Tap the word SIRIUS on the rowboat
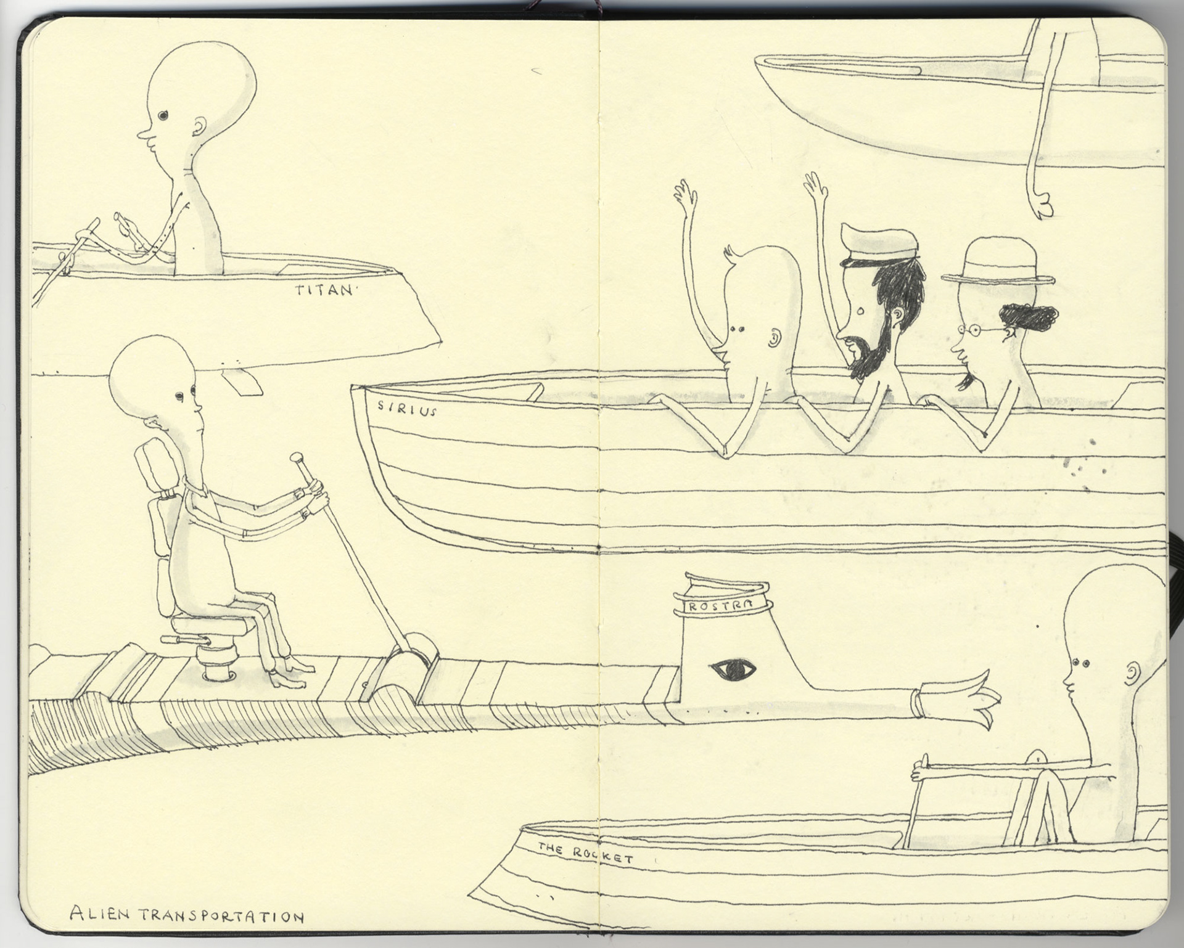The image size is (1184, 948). point(407,408)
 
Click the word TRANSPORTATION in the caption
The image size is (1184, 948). point(221,917)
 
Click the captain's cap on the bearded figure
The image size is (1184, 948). point(878,244)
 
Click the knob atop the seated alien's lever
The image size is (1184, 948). point(296,457)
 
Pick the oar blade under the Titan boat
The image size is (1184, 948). point(241,382)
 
